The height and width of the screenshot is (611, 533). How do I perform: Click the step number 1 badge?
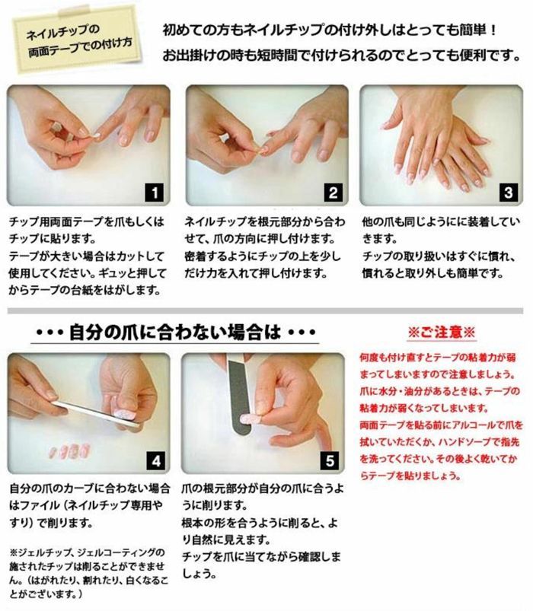[155, 193]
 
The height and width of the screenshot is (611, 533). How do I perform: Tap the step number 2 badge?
[333, 193]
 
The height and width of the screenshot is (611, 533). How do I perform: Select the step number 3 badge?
[508, 193]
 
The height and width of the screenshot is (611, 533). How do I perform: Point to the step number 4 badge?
[156, 461]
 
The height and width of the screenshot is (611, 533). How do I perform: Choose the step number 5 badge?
[330, 461]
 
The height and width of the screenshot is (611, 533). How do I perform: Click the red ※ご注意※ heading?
[442, 333]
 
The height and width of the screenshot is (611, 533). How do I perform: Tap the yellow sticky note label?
[77, 40]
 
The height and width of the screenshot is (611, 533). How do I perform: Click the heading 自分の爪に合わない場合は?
[174, 333]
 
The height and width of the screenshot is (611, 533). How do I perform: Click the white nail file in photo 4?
[95, 413]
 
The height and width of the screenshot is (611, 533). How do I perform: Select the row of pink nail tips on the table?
[70, 451]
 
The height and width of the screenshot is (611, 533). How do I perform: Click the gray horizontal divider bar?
[265, 310]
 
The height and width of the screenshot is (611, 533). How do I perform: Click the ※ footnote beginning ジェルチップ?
[88, 573]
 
